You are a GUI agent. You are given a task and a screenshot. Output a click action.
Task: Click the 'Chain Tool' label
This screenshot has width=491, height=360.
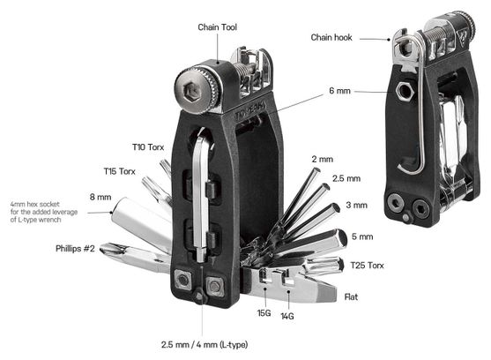click(218, 27)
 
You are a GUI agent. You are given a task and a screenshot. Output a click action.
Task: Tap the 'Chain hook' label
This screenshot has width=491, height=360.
click(331, 38)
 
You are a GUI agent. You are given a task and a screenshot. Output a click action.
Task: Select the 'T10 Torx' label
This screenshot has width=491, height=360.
click(148, 147)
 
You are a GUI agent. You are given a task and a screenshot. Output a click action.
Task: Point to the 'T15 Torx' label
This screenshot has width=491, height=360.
click(119, 171)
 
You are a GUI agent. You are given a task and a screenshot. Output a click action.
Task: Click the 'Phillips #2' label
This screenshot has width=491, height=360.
click(75, 249)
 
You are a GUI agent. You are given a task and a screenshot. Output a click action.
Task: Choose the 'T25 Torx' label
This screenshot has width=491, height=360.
click(367, 266)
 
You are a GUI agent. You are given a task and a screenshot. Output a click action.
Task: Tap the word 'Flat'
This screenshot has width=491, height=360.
click(351, 296)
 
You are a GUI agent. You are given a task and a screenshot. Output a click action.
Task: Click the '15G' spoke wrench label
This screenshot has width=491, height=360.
click(264, 313)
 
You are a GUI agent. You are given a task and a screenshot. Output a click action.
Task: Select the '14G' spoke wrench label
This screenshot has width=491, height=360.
click(287, 316)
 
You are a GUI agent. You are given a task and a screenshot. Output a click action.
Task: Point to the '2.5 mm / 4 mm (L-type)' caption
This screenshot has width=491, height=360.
click(205, 345)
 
